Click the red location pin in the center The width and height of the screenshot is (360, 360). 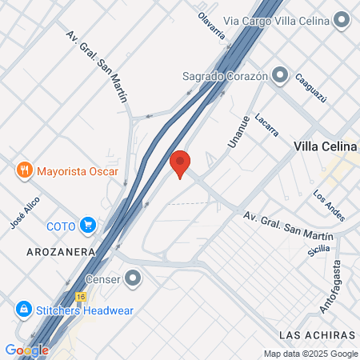point(180,163)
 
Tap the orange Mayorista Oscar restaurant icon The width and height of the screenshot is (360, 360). point(24,170)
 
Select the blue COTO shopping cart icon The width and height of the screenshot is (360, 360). point(88,226)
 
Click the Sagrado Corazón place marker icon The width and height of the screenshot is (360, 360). point(280,75)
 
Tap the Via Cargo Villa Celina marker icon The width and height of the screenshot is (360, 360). point(342,19)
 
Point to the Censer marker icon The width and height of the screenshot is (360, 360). point(133,279)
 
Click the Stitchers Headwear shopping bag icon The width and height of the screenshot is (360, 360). point(23,308)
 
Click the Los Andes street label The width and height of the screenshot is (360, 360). point(327,206)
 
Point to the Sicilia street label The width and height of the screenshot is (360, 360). point(318,250)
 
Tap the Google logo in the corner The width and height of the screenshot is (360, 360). point(26,350)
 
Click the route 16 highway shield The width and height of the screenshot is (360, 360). point(81,294)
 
